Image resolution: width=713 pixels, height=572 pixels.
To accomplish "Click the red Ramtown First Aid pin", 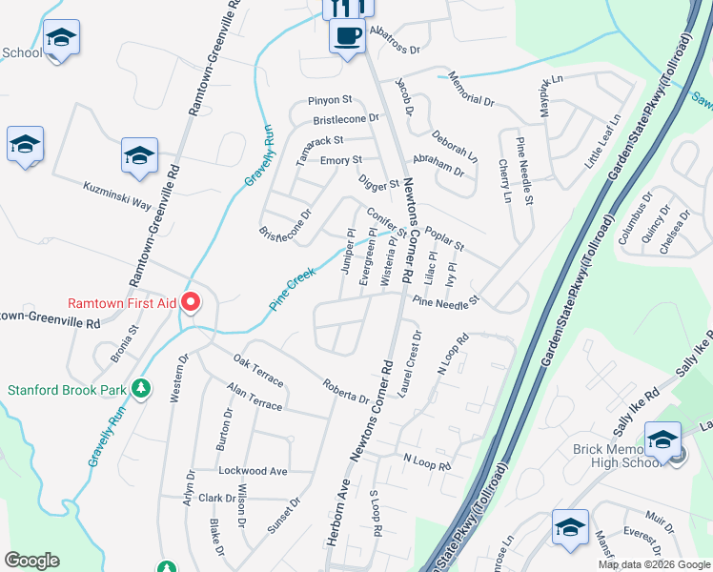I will (x=191, y=303).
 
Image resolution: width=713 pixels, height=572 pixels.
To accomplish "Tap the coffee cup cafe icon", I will (x=346, y=37).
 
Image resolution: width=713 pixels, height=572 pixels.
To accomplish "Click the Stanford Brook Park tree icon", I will (x=141, y=388).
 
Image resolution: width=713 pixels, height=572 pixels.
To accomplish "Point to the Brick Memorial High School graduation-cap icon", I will (x=662, y=439).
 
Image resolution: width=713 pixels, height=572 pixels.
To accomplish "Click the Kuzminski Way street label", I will (x=117, y=197).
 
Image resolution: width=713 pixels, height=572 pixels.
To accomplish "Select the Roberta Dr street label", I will (x=345, y=395).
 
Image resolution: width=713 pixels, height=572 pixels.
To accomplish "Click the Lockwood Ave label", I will (x=253, y=471).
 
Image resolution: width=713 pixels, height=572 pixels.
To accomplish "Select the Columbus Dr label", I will (x=635, y=220).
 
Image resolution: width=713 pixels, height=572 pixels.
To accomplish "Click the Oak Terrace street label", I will (x=258, y=373).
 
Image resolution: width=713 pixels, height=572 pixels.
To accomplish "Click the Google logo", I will (x=32, y=561).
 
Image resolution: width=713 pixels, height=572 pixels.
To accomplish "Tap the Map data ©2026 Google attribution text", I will (x=653, y=564).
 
